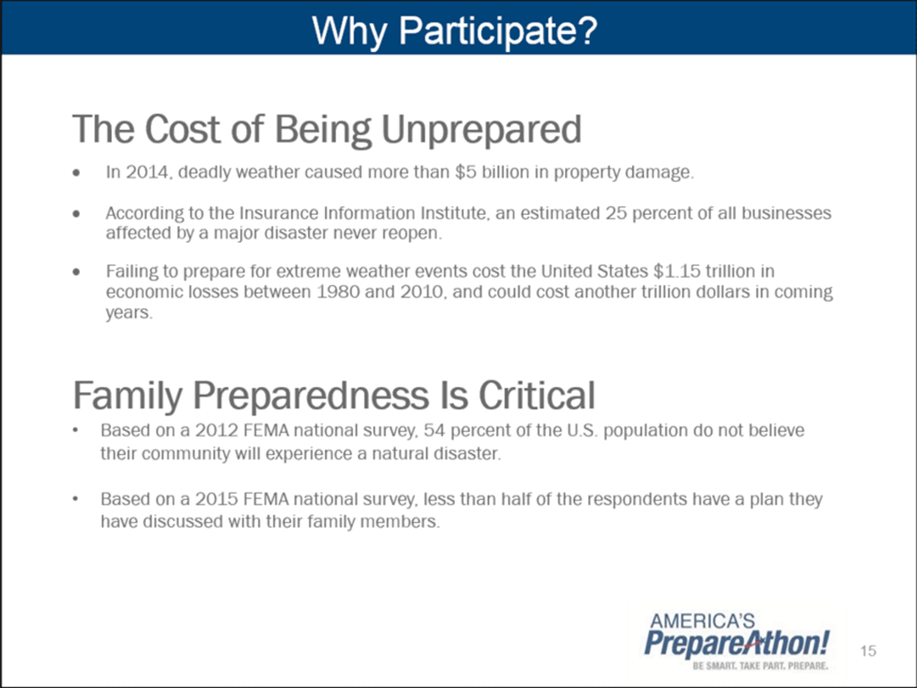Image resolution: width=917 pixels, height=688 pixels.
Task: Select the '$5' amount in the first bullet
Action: pyautogui.click(x=465, y=172)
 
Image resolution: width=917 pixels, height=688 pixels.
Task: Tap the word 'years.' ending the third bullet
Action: pyautogui.click(x=129, y=313)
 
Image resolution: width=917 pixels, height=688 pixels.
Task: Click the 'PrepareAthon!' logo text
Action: pyautogui.click(x=736, y=643)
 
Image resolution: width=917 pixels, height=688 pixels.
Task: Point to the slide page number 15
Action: pyautogui.click(x=869, y=650)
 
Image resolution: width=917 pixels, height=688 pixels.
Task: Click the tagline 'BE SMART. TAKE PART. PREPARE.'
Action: pyautogui.click(x=760, y=666)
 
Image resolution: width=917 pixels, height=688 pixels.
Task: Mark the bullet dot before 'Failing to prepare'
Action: pyautogui.click(x=76, y=272)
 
